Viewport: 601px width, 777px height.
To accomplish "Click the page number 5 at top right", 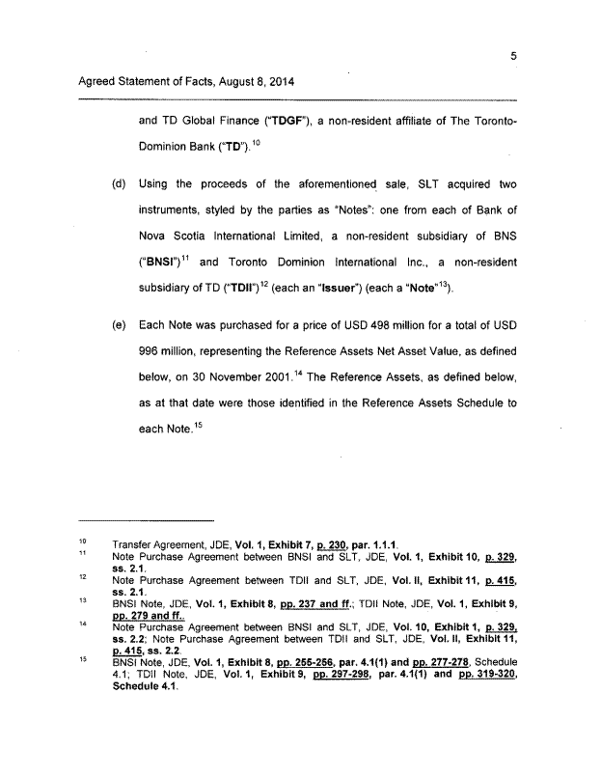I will [x=515, y=56].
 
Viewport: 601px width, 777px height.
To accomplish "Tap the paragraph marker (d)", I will [x=120, y=183].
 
